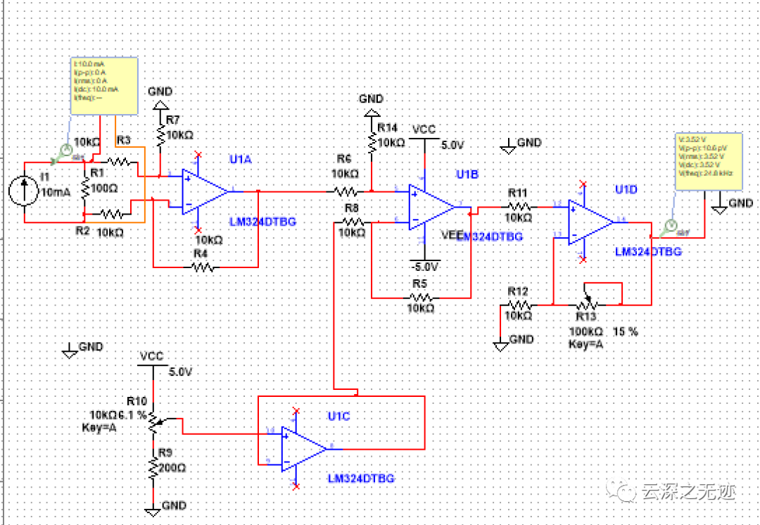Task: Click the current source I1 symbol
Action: pos(25,191)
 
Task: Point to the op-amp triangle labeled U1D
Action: pos(590,222)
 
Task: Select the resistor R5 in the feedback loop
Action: pos(419,297)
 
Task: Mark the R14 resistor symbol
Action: pos(372,143)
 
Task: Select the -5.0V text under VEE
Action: pos(425,267)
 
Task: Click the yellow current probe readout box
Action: pos(104,85)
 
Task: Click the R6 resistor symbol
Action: pos(345,191)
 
